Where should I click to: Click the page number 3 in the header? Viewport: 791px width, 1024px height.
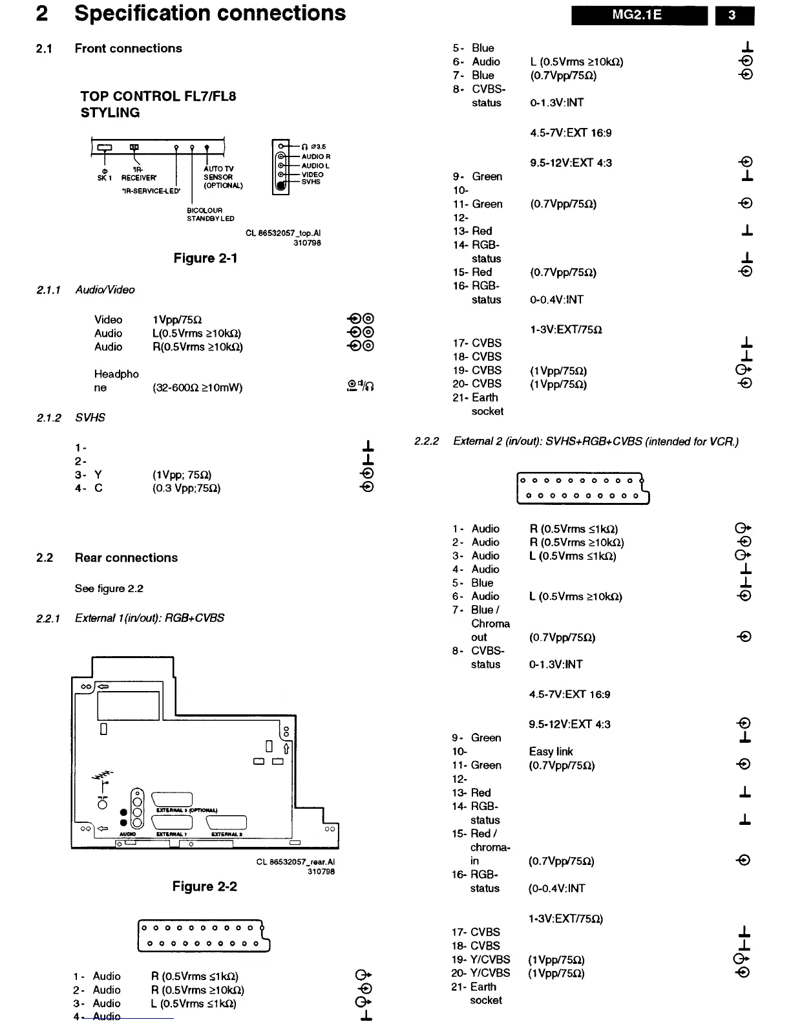pos(733,15)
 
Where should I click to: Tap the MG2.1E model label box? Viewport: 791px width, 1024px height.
pos(638,15)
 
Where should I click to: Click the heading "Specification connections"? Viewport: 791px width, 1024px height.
pos(210,14)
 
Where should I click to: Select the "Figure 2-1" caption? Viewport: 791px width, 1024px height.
pos(206,259)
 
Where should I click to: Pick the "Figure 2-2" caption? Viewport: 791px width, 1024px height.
pos(204,886)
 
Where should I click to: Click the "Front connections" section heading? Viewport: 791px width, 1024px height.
pos(128,48)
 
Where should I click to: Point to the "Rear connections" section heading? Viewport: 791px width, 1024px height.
pos(126,558)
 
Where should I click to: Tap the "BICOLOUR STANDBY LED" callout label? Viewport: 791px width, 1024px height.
pos(210,215)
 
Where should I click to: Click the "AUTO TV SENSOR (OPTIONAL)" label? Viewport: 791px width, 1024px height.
pos(223,177)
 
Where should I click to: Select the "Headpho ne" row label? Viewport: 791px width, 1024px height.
pos(116,381)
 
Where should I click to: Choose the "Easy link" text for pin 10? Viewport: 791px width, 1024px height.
pos(551,752)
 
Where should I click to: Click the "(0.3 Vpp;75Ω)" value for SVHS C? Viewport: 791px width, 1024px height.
pos(187,489)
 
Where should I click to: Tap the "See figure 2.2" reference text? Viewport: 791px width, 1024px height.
pos(109,588)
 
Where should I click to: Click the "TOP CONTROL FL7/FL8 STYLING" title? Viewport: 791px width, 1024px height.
pos(158,104)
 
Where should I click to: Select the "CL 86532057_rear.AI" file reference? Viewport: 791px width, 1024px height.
pos(295,862)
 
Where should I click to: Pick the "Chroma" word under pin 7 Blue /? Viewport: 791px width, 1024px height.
pos(490,624)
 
